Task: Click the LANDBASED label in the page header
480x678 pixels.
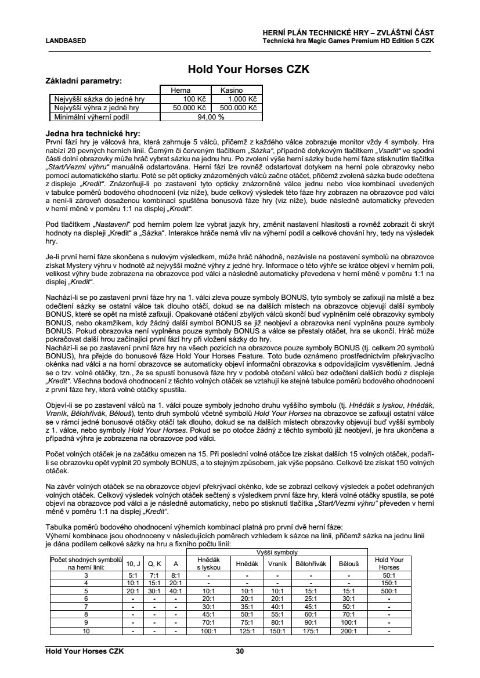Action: pos(66,41)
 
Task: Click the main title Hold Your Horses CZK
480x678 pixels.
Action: pos(240,70)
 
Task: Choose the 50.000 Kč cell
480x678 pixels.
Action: pos(187,107)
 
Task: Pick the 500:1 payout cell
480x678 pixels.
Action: pos(389,590)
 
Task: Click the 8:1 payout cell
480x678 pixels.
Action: pos(175,574)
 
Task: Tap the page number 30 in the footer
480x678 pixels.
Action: pos(240,651)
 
